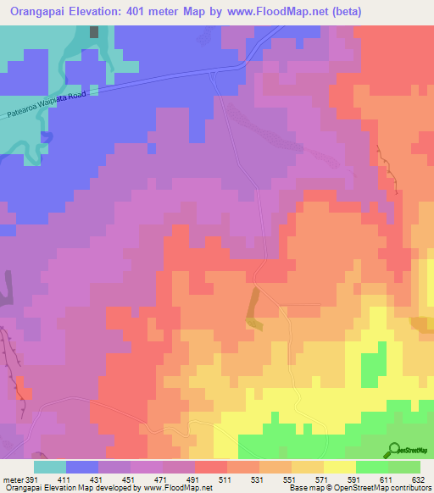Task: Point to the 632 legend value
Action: click(x=418, y=479)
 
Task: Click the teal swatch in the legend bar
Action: click(x=50, y=467)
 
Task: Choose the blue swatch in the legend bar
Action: click(x=82, y=467)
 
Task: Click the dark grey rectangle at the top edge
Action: click(x=94, y=31)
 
